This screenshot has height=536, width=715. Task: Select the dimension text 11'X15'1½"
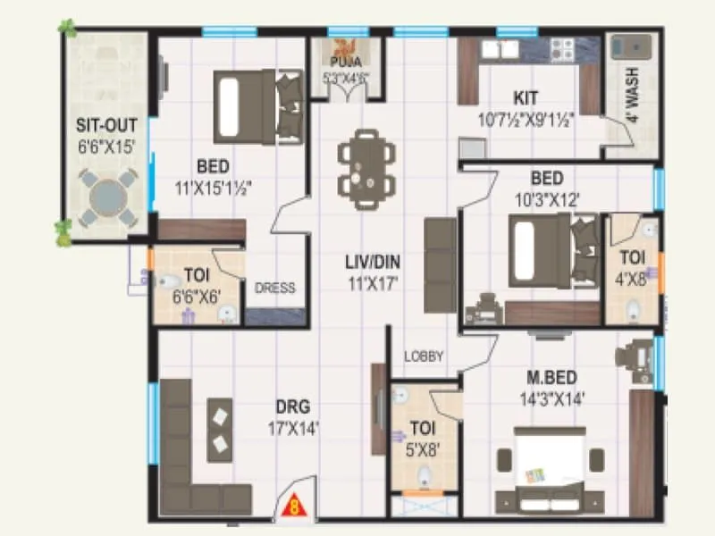(213, 188)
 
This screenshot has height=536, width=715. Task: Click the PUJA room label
(343, 63)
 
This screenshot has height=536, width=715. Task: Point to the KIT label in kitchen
(526, 98)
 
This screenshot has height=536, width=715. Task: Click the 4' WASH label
(633, 104)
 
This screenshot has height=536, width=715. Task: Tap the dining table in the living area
(366, 169)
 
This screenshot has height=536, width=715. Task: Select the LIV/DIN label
(372, 263)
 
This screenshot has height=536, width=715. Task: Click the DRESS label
(274, 289)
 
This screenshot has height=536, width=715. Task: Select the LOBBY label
(424, 356)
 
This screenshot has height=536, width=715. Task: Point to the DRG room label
(292, 410)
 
